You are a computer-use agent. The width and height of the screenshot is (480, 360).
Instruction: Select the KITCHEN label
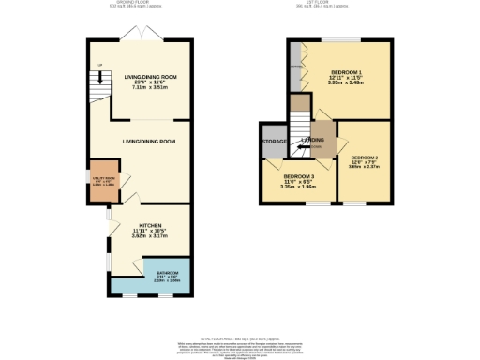pyautogui.click(x=151, y=226)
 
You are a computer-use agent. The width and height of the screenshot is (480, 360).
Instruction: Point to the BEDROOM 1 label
pyautogui.click(x=345, y=71)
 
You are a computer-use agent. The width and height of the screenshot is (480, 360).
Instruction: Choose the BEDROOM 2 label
pyautogui.click(x=364, y=157)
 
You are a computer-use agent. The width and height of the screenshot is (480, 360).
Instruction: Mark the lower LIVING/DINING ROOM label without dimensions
pyautogui.click(x=149, y=142)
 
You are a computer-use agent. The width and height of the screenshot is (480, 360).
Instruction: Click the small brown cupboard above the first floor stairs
pyautogui.click(x=299, y=103)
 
